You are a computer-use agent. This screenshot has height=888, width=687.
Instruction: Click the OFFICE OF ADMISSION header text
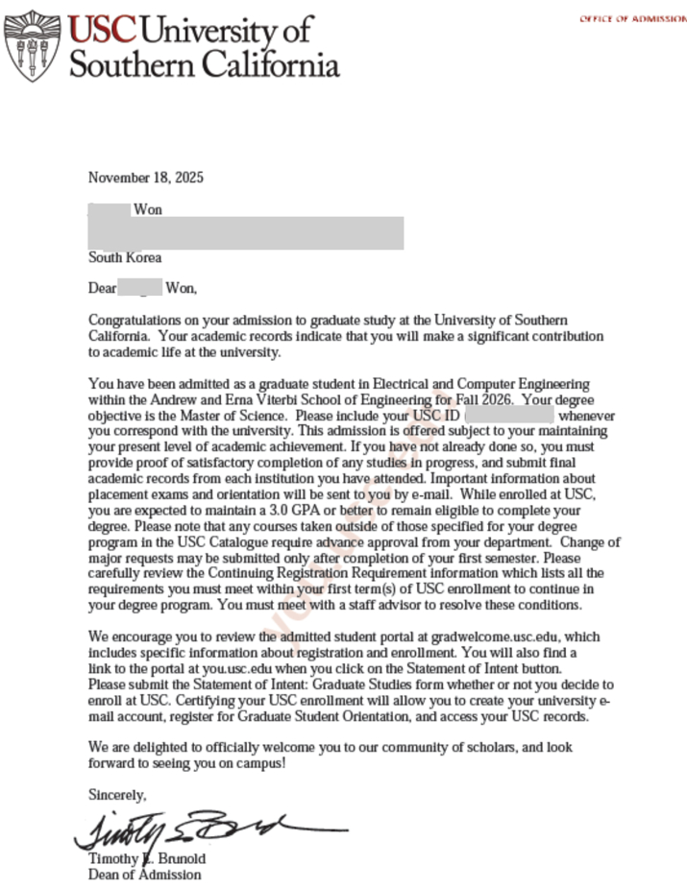(632, 19)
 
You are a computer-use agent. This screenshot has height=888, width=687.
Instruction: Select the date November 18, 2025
(146, 178)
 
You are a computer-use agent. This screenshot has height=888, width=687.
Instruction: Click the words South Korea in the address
(125, 257)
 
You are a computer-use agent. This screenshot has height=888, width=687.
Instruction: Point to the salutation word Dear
(102, 287)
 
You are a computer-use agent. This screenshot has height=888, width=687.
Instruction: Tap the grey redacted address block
(245, 233)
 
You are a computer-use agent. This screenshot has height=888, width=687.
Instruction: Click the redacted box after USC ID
(509, 417)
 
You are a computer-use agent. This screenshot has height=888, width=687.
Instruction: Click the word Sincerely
(117, 795)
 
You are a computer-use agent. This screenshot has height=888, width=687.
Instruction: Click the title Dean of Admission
(145, 875)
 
